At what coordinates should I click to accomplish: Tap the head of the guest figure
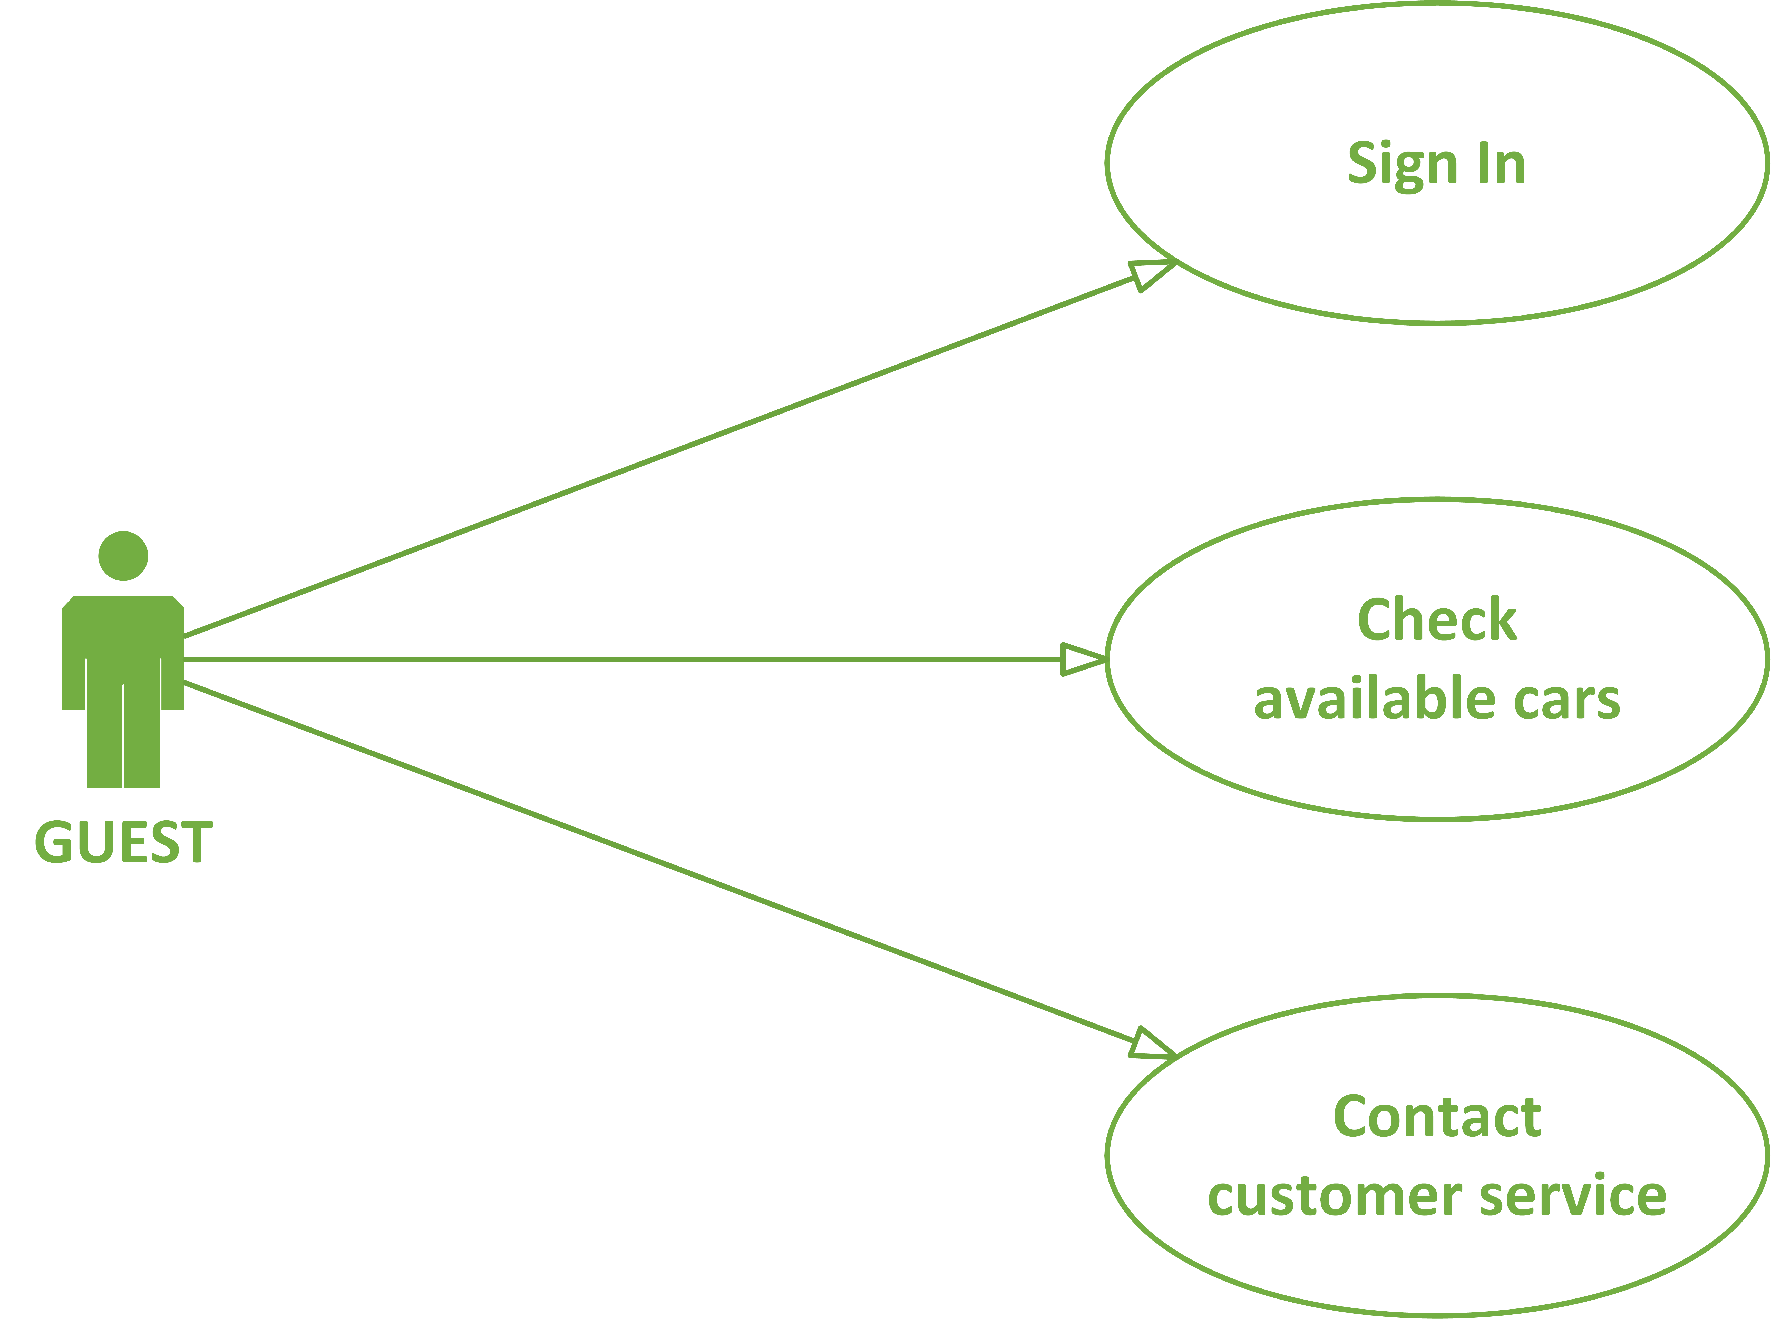(x=123, y=556)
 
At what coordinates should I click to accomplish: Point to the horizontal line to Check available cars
(x=623, y=659)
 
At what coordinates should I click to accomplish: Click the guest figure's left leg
(x=105, y=735)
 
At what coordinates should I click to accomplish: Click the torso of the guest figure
(x=123, y=639)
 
